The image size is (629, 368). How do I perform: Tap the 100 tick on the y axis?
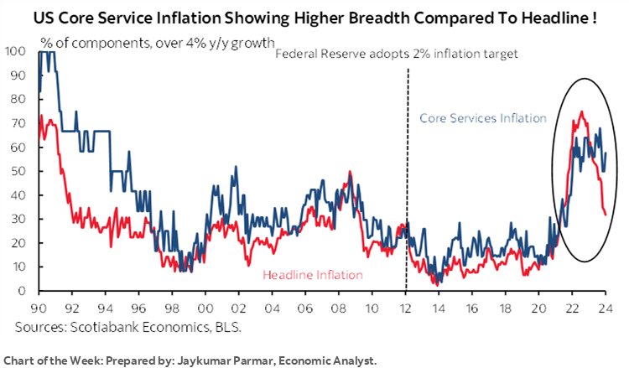18,52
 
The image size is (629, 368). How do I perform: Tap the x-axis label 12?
408,308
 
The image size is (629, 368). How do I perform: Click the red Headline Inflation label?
313,274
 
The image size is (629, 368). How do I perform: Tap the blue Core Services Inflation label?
482,118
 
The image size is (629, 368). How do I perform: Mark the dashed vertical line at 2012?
408,168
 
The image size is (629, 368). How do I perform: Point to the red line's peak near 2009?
350,173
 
